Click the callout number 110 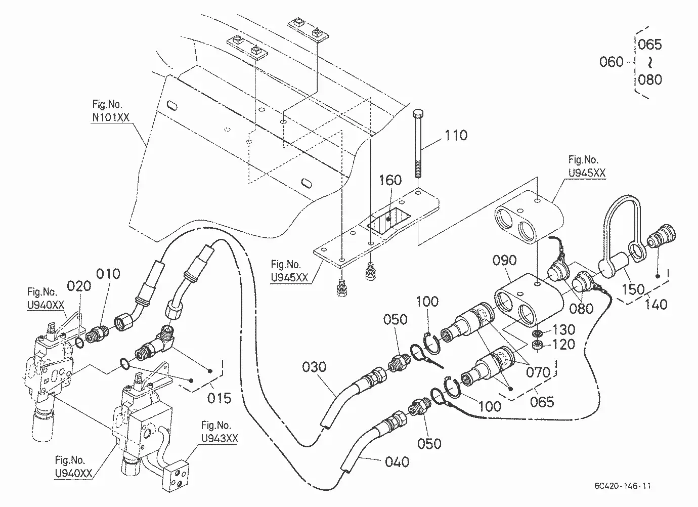(456, 135)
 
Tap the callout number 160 (390, 180)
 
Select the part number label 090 (504, 260)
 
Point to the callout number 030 (314, 367)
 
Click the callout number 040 (397, 462)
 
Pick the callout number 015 (220, 398)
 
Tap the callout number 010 (108, 274)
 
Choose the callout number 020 (79, 286)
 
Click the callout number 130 (563, 329)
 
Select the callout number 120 (563, 345)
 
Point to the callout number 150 (633, 289)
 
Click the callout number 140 (656, 304)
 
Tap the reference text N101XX (111, 117)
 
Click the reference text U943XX (220, 438)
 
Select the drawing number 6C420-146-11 (622, 486)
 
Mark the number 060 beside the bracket (612, 62)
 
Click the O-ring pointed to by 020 (80, 343)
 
